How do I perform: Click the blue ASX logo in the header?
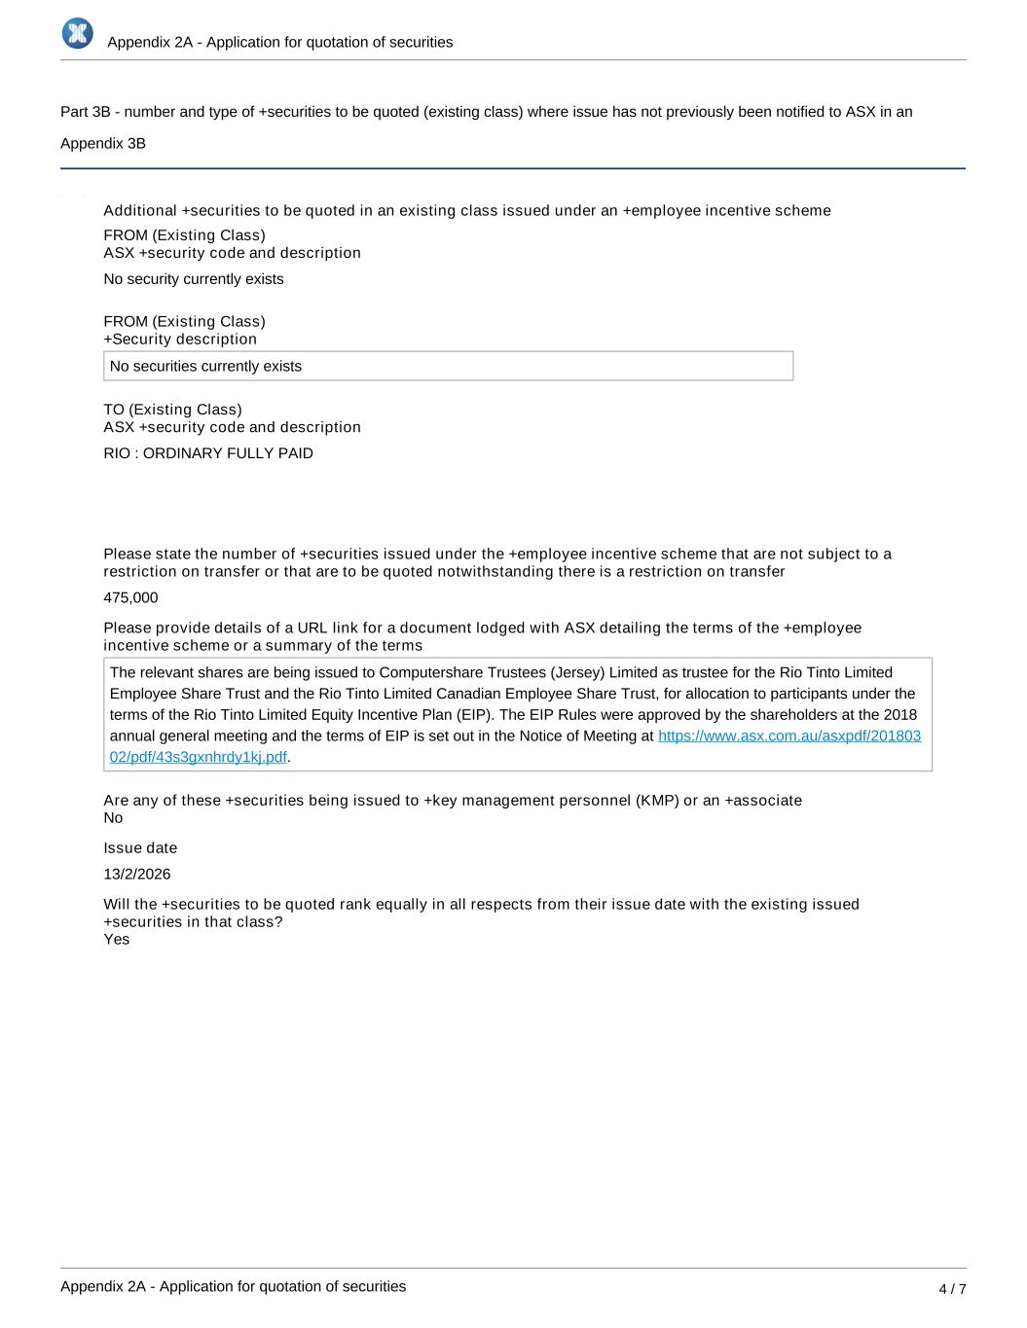click(77, 33)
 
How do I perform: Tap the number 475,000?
click(130, 597)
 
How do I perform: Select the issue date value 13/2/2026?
click(137, 874)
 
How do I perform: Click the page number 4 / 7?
click(952, 1289)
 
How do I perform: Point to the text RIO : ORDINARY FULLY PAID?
click(208, 453)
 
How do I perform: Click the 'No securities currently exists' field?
click(448, 366)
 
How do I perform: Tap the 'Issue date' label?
click(140, 847)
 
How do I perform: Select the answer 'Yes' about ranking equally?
click(117, 939)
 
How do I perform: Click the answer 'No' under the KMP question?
click(113, 817)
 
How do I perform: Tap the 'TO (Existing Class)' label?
click(172, 410)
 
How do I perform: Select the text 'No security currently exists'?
click(194, 279)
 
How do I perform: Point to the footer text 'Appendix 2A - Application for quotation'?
click(233, 1286)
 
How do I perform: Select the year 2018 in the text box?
click(899, 715)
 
